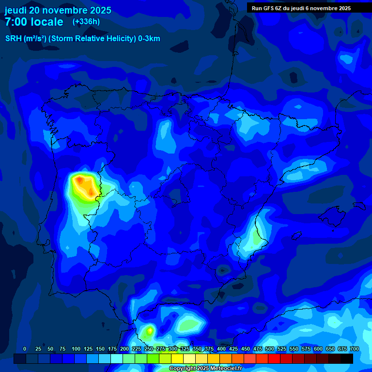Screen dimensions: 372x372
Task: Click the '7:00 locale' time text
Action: click(x=34, y=22)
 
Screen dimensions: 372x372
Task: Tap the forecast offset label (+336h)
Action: click(x=86, y=22)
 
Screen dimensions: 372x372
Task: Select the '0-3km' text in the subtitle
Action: click(x=149, y=39)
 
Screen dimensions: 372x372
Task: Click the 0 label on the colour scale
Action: click(x=25, y=349)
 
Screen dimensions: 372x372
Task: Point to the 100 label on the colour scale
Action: click(x=76, y=349)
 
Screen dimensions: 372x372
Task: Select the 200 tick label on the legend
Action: click(x=124, y=349)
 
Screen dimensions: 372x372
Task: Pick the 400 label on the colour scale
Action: click(x=221, y=349)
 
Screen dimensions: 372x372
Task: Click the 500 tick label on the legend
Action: click(x=270, y=349)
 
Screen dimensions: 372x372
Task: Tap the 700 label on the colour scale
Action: click(x=355, y=349)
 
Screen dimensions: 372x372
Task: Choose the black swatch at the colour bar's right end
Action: click(x=347, y=358)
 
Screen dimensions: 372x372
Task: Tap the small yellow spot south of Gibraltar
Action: click(x=150, y=331)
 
